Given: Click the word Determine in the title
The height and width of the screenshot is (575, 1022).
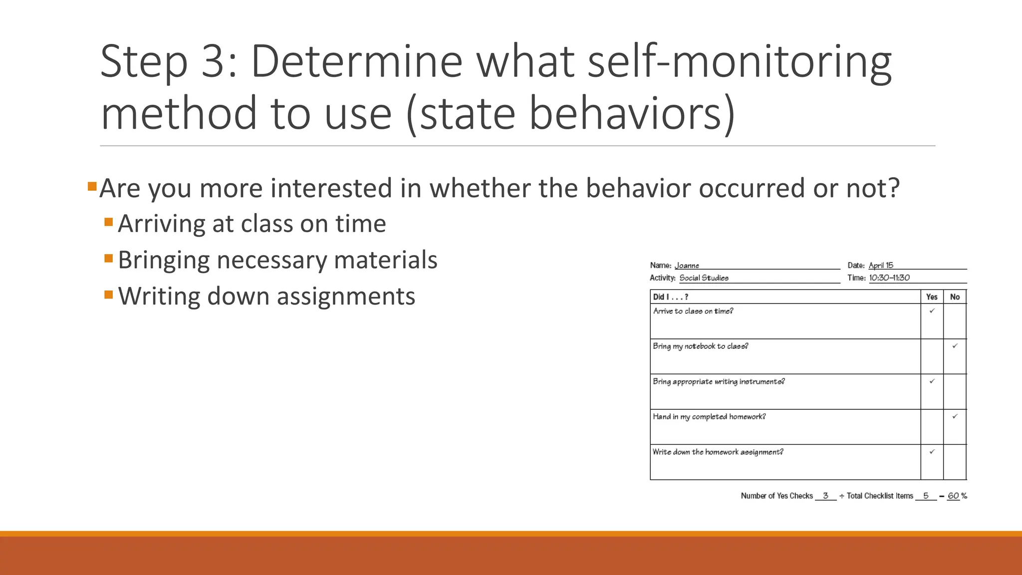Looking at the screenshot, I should click(x=356, y=62).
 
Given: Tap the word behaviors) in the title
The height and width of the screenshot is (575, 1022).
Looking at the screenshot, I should click(x=631, y=114).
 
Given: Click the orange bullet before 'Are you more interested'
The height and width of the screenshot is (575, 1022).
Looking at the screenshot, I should click(x=91, y=187).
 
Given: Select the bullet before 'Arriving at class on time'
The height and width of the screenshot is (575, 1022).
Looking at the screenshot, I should click(x=109, y=222).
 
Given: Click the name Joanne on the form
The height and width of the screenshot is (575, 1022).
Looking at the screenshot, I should click(x=687, y=266).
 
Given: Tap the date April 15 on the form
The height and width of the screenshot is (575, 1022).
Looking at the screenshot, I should click(x=881, y=266).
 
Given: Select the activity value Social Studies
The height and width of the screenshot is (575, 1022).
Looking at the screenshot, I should click(x=704, y=278).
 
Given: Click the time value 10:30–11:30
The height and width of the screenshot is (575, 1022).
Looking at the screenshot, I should click(x=889, y=278).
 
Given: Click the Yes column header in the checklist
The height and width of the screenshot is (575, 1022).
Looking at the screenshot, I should click(x=932, y=297).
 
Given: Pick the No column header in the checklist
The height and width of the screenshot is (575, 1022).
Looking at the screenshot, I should click(x=955, y=297).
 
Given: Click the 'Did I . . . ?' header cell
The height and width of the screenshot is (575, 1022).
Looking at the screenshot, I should click(x=671, y=297).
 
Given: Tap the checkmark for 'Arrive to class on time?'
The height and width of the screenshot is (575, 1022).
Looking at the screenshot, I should click(x=932, y=311).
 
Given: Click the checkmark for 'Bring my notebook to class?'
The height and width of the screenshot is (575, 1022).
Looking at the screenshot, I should click(x=955, y=346).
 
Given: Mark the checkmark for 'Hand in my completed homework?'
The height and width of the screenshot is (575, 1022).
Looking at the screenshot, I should click(x=955, y=416).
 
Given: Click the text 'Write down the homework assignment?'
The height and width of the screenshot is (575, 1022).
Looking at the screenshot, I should click(x=718, y=452).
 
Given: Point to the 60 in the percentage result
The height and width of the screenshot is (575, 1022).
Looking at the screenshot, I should click(x=953, y=496).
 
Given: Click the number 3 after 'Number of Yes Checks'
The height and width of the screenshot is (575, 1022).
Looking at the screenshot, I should click(x=825, y=496).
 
